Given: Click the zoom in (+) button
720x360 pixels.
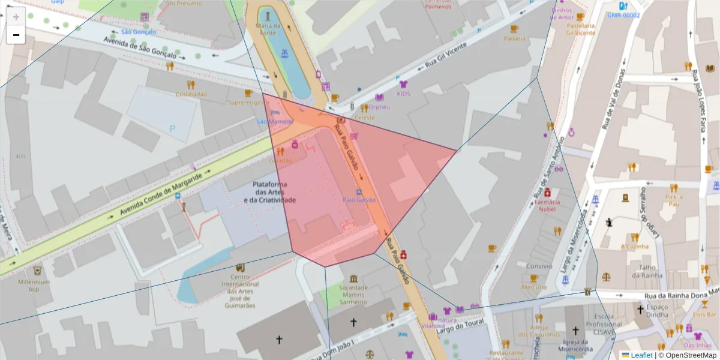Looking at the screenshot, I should [x=16, y=17].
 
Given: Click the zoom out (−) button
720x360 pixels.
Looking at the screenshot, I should [x=16, y=35].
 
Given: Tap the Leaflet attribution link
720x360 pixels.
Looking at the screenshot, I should [x=641, y=355].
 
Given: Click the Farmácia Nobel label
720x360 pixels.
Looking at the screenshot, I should [x=547, y=205].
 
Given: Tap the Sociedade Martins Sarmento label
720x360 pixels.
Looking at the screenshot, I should [x=353, y=294].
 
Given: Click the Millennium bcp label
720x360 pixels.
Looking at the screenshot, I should [x=34, y=286].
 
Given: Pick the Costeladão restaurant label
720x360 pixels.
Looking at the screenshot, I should [x=191, y=94].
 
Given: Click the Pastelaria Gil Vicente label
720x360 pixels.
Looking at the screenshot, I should [x=580, y=29].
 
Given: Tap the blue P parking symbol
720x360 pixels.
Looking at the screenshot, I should [x=173, y=128].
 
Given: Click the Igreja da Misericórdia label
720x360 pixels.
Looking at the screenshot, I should [x=575, y=345].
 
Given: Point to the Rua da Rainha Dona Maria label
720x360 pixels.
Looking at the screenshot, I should [x=681, y=295].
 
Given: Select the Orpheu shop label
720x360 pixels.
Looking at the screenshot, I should [x=379, y=107].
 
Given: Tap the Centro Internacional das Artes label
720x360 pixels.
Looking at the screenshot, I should [x=239, y=291].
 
